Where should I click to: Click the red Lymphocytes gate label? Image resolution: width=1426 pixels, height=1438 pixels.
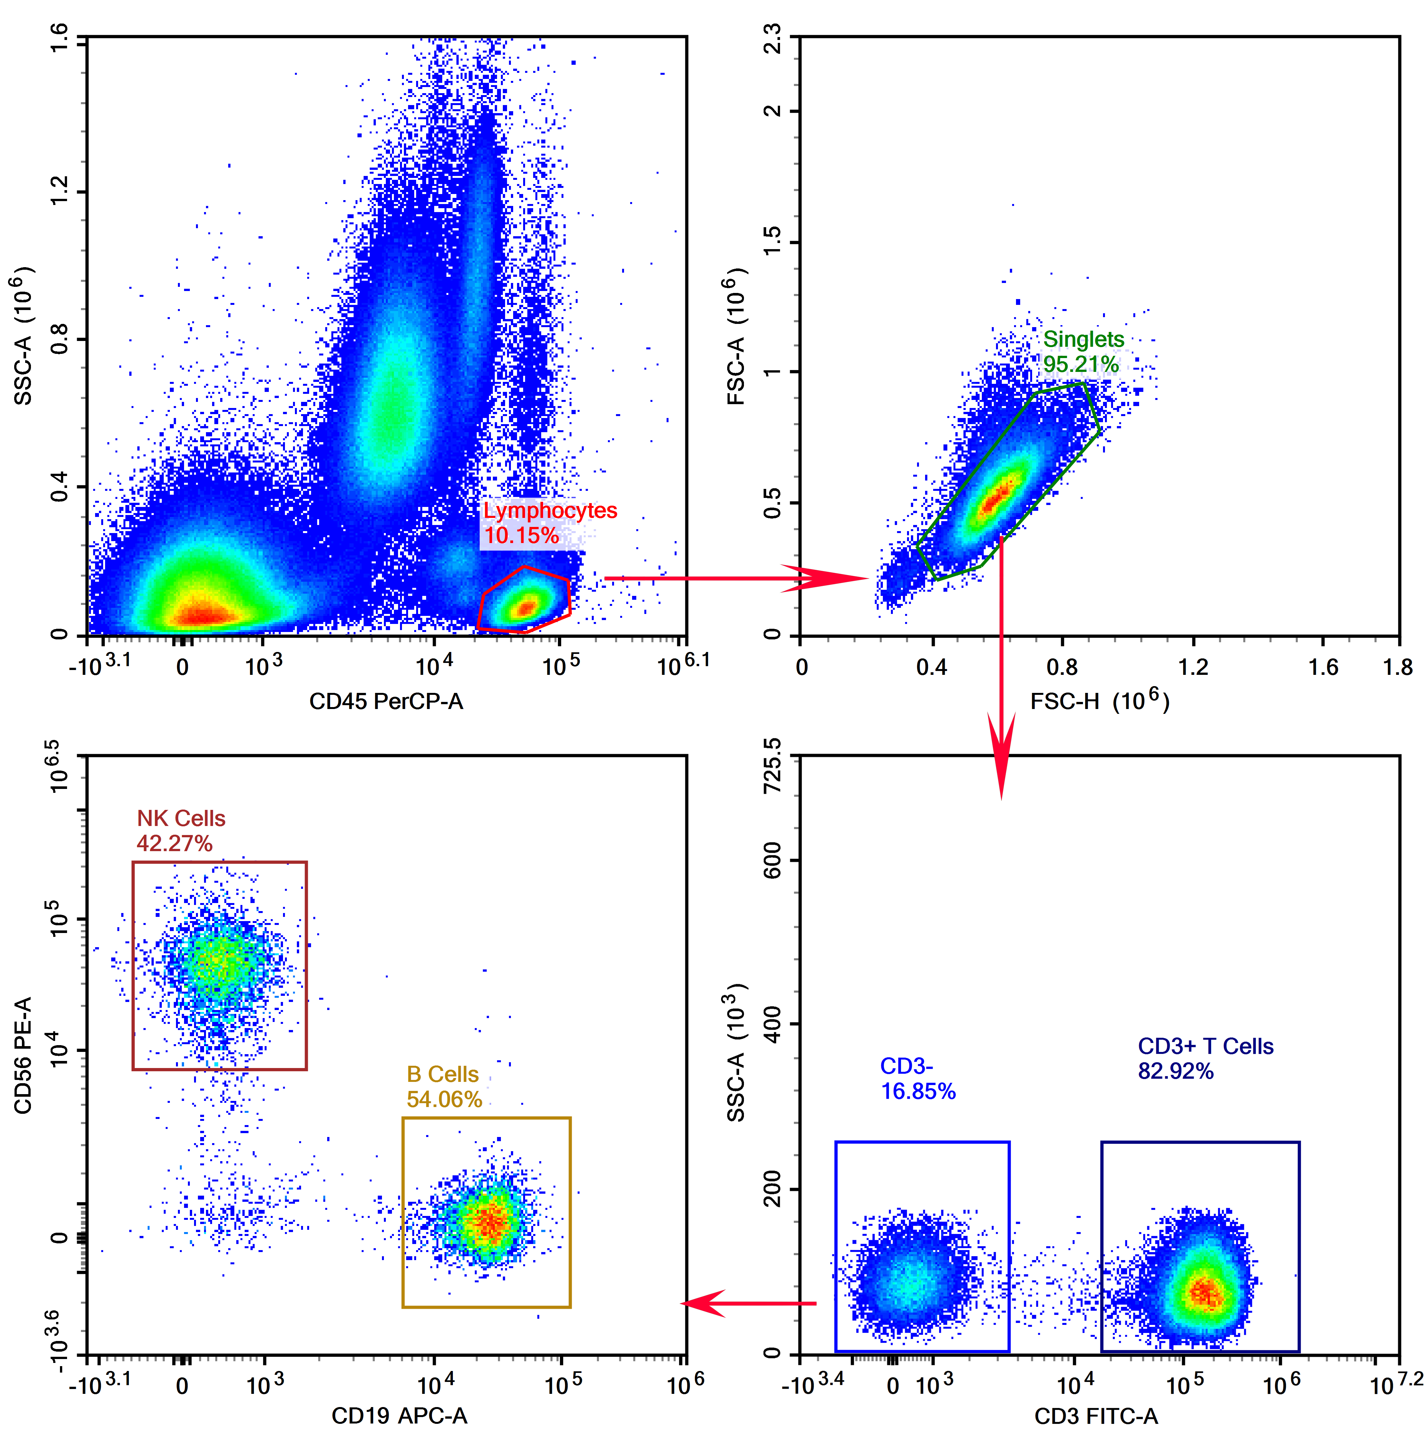(550, 510)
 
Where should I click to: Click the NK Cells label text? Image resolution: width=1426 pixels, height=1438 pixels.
(181, 819)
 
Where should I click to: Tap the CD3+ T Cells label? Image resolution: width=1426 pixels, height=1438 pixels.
(1205, 1046)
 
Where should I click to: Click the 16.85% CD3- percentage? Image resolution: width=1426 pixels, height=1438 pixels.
(918, 1092)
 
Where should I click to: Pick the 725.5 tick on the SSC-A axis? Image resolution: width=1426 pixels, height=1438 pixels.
(773, 767)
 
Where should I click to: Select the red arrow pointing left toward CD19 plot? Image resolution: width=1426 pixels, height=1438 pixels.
(748, 1304)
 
